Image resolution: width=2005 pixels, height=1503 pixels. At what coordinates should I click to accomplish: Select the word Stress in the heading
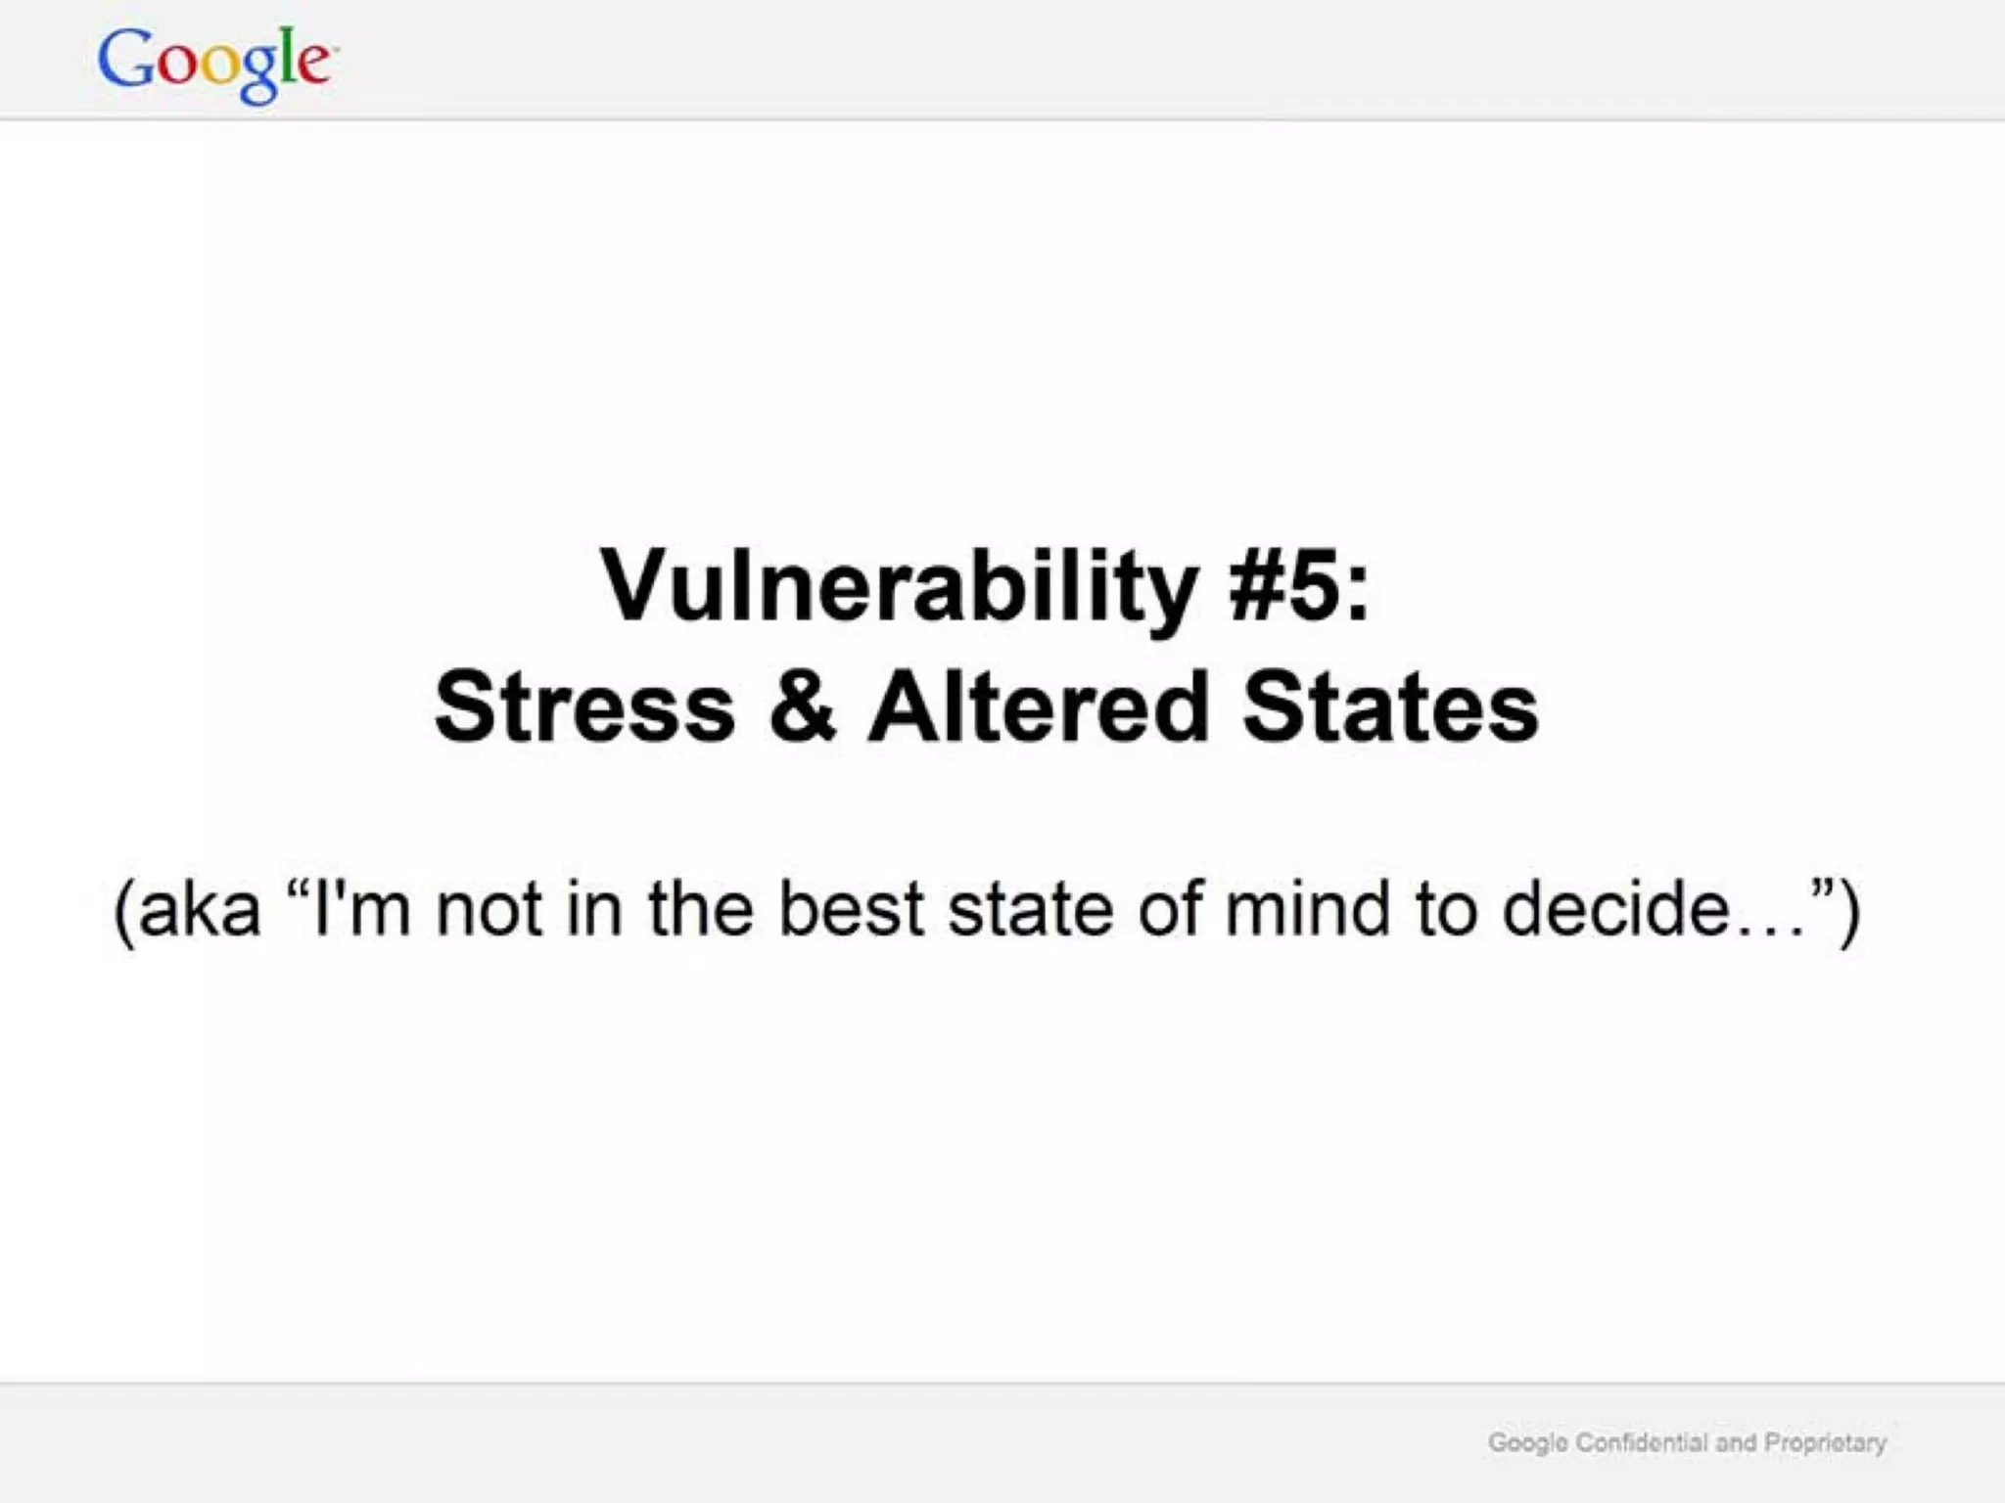coord(584,706)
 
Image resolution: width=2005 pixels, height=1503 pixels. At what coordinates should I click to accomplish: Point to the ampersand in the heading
coord(802,706)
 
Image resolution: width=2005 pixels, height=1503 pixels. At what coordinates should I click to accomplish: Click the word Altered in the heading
coord(1039,706)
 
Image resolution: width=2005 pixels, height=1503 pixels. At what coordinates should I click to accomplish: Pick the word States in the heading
coord(1390,706)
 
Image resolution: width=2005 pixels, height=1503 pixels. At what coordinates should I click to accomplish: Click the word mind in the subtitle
coord(1306,909)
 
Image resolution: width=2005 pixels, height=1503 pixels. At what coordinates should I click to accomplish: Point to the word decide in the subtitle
coord(1615,909)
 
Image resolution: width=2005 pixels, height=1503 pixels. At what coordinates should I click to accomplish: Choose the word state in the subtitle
coord(1030,909)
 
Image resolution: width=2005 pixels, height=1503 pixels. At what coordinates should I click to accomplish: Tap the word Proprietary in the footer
coord(1825,1443)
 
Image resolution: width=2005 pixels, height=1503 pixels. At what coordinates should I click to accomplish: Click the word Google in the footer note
coord(1527,1443)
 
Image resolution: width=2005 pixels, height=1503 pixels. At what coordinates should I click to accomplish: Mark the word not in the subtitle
coord(489,909)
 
